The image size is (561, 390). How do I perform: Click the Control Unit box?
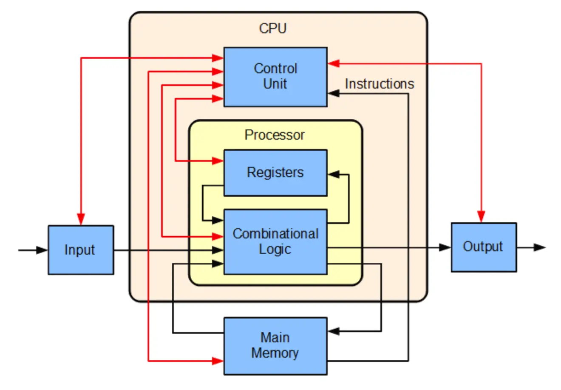275,77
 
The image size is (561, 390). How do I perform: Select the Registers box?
275,172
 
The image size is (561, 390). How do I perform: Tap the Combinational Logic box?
275,241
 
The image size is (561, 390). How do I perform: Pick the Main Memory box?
275,346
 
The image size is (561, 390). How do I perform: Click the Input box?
81,250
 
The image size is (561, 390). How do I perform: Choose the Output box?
484,247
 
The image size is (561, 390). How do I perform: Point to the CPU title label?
273,29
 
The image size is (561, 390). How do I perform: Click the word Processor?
275,135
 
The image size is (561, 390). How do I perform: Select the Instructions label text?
379,84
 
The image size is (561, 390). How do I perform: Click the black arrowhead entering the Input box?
42,250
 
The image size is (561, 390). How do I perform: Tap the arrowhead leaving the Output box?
540,247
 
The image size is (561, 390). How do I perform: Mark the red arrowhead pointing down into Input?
81,219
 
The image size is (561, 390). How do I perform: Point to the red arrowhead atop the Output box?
481,216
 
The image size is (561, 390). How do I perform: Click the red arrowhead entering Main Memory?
218,361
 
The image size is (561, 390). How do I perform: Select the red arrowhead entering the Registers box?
218,161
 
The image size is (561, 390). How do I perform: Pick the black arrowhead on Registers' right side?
334,174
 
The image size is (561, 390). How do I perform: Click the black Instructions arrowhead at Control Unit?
334,93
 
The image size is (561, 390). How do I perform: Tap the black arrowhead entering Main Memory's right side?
334,331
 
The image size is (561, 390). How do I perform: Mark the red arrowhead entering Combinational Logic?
218,236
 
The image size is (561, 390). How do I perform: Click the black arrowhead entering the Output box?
445,247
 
